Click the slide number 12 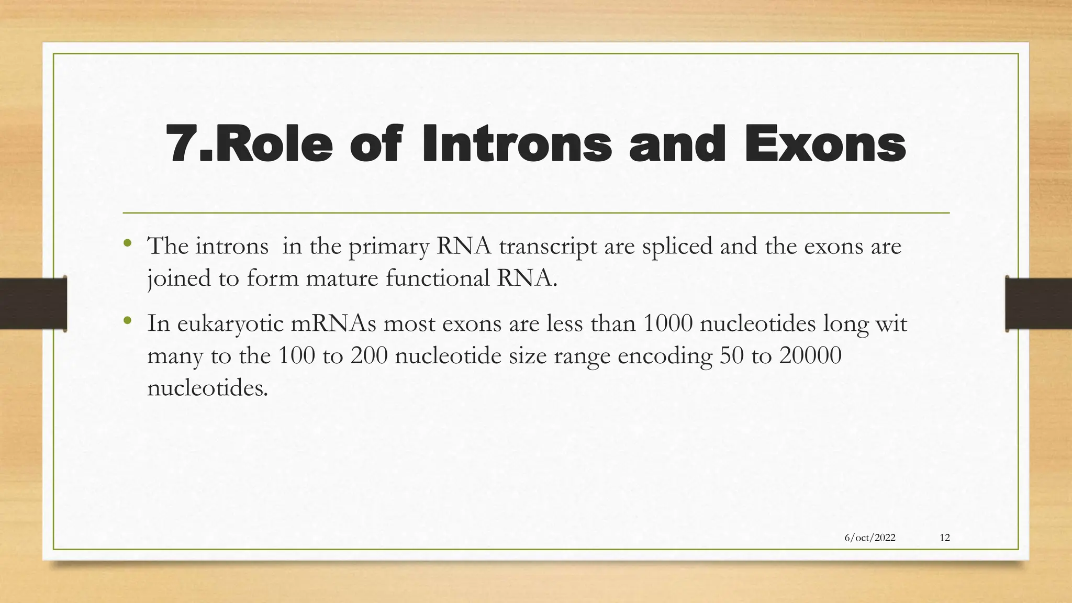tap(945, 538)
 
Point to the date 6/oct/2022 tap(870, 538)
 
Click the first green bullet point tap(127, 243)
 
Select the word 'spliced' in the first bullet tap(677, 246)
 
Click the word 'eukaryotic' tap(230, 325)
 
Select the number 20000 tap(810, 356)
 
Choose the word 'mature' tap(342, 278)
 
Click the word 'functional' tap(438, 278)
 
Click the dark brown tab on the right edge tap(1038, 304)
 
